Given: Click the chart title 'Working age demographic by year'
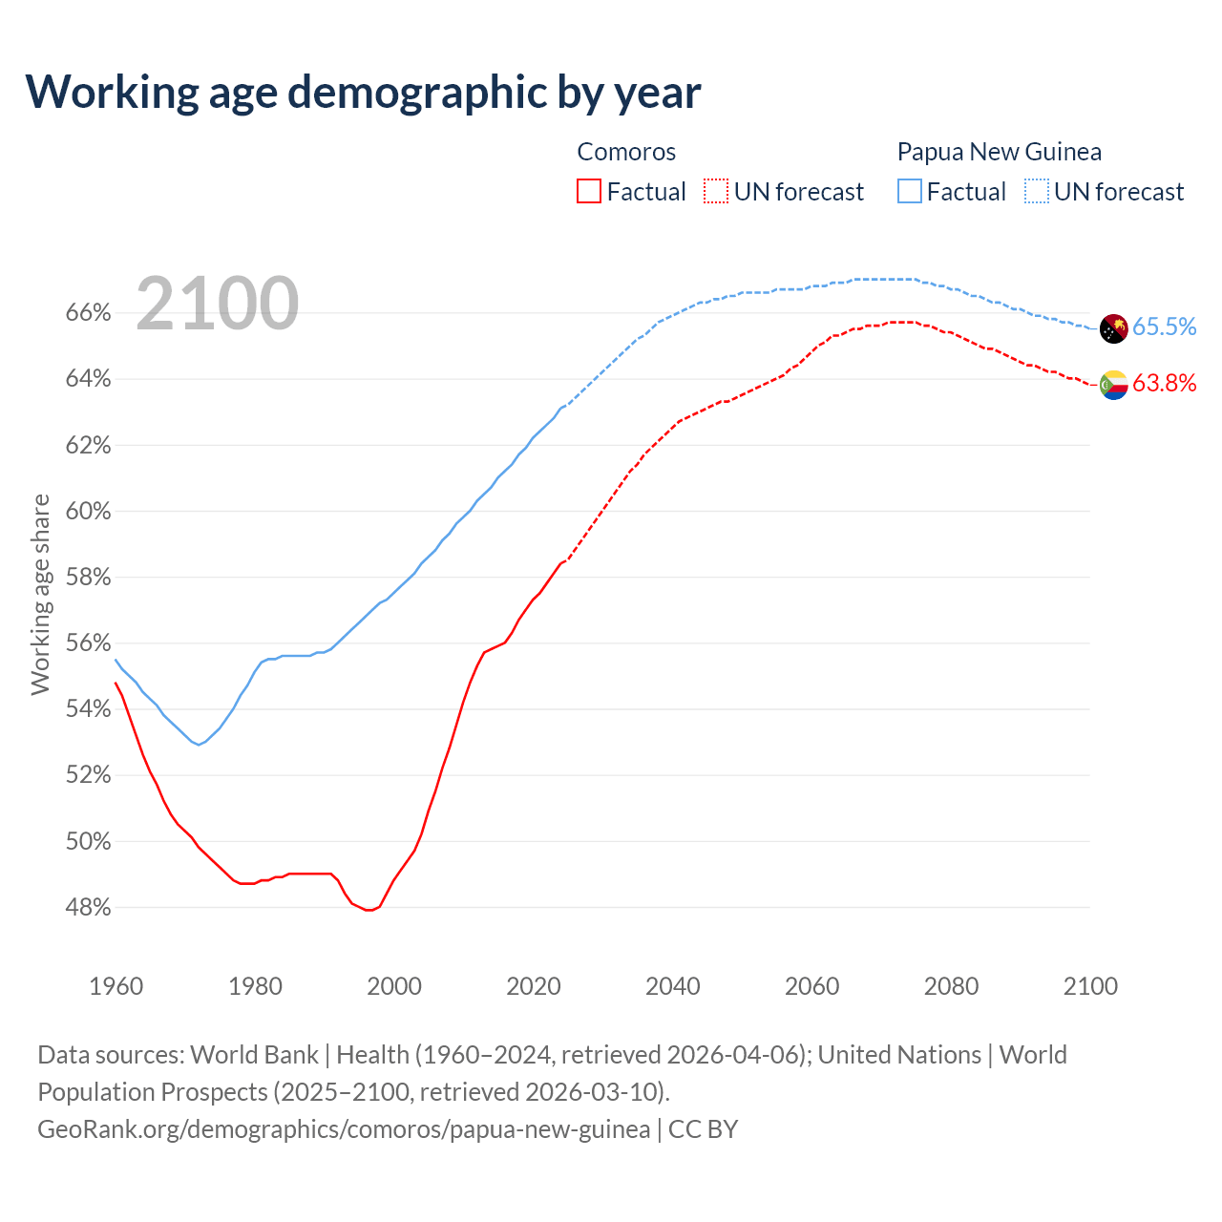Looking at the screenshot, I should [x=363, y=92].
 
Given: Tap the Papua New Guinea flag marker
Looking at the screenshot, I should [x=1114, y=328].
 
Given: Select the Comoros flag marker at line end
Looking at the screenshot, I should [x=1114, y=385].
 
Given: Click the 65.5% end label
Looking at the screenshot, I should [x=1164, y=327].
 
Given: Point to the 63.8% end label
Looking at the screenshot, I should [x=1164, y=383].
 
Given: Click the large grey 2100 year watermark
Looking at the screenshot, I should [x=218, y=304].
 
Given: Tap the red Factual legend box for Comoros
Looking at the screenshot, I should [x=589, y=192].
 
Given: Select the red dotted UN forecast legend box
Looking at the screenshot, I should [x=716, y=192].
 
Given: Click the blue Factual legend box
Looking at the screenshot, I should [x=910, y=192].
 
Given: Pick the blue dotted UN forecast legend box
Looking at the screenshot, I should [x=1037, y=192].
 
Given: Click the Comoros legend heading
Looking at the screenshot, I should [x=626, y=152].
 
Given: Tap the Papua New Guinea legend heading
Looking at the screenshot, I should [x=999, y=152].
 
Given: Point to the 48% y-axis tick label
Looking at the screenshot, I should [x=88, y=907].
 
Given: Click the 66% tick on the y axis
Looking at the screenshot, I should [x=88, y=313].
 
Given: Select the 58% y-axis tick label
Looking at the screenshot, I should [x=88, y=578].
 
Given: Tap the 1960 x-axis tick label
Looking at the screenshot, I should [x=116, y=986].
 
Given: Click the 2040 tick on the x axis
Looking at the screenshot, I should [x=673, y=986].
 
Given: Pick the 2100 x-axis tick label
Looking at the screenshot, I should [x=1090, y=986].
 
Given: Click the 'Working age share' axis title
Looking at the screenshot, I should [x=40, y=594].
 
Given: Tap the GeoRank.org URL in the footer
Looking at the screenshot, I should [x=344, y=1129].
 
